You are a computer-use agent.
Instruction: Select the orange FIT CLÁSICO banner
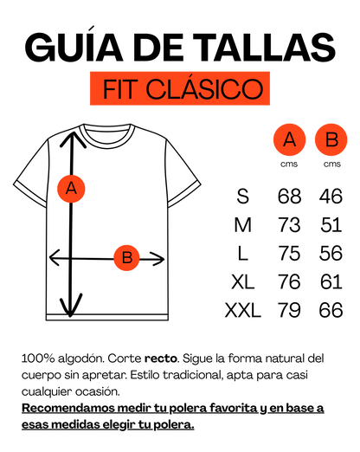tap(180, 88)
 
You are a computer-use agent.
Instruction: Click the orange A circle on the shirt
tap(71, 189)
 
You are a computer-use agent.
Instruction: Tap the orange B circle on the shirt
tap(126, 258)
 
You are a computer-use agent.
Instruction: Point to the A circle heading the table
tap(289, 139)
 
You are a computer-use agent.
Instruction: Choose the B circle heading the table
tap(331, 139)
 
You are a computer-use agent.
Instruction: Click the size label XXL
tap(243, 310)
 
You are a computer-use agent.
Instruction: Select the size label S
tap(243, 197)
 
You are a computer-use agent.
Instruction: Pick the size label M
tap(243, 225)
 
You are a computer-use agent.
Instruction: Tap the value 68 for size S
tap(289, 197)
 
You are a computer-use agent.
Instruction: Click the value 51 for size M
tap(331, 225)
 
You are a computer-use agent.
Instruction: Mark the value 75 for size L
tap(289, 253)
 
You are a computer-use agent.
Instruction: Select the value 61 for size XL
tap(331, 281)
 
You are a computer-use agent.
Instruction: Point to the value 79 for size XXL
tap(289, 310)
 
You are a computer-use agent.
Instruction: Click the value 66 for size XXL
tap(331, 310)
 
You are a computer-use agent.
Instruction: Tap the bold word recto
tap(161, 358)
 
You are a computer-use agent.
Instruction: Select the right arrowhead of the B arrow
tap(157, 259)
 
